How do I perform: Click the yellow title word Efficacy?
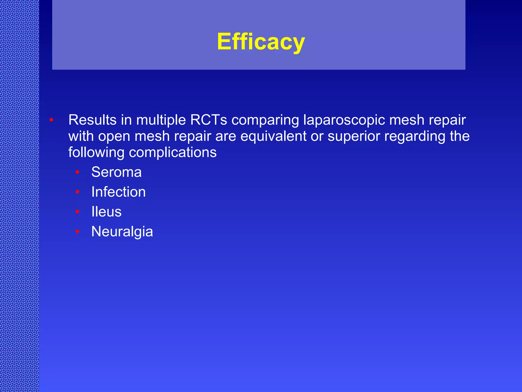[261, 42]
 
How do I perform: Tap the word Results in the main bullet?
[92, 120]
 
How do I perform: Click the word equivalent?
[273, 136]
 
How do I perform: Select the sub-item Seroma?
[116, 172]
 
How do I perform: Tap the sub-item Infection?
[119, 192]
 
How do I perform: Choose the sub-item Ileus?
[107, 212]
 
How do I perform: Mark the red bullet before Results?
[51, 120]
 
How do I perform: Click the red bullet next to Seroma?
[77, 172]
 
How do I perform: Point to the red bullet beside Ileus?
[77, 212]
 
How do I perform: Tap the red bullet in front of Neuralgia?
[77, 231]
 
